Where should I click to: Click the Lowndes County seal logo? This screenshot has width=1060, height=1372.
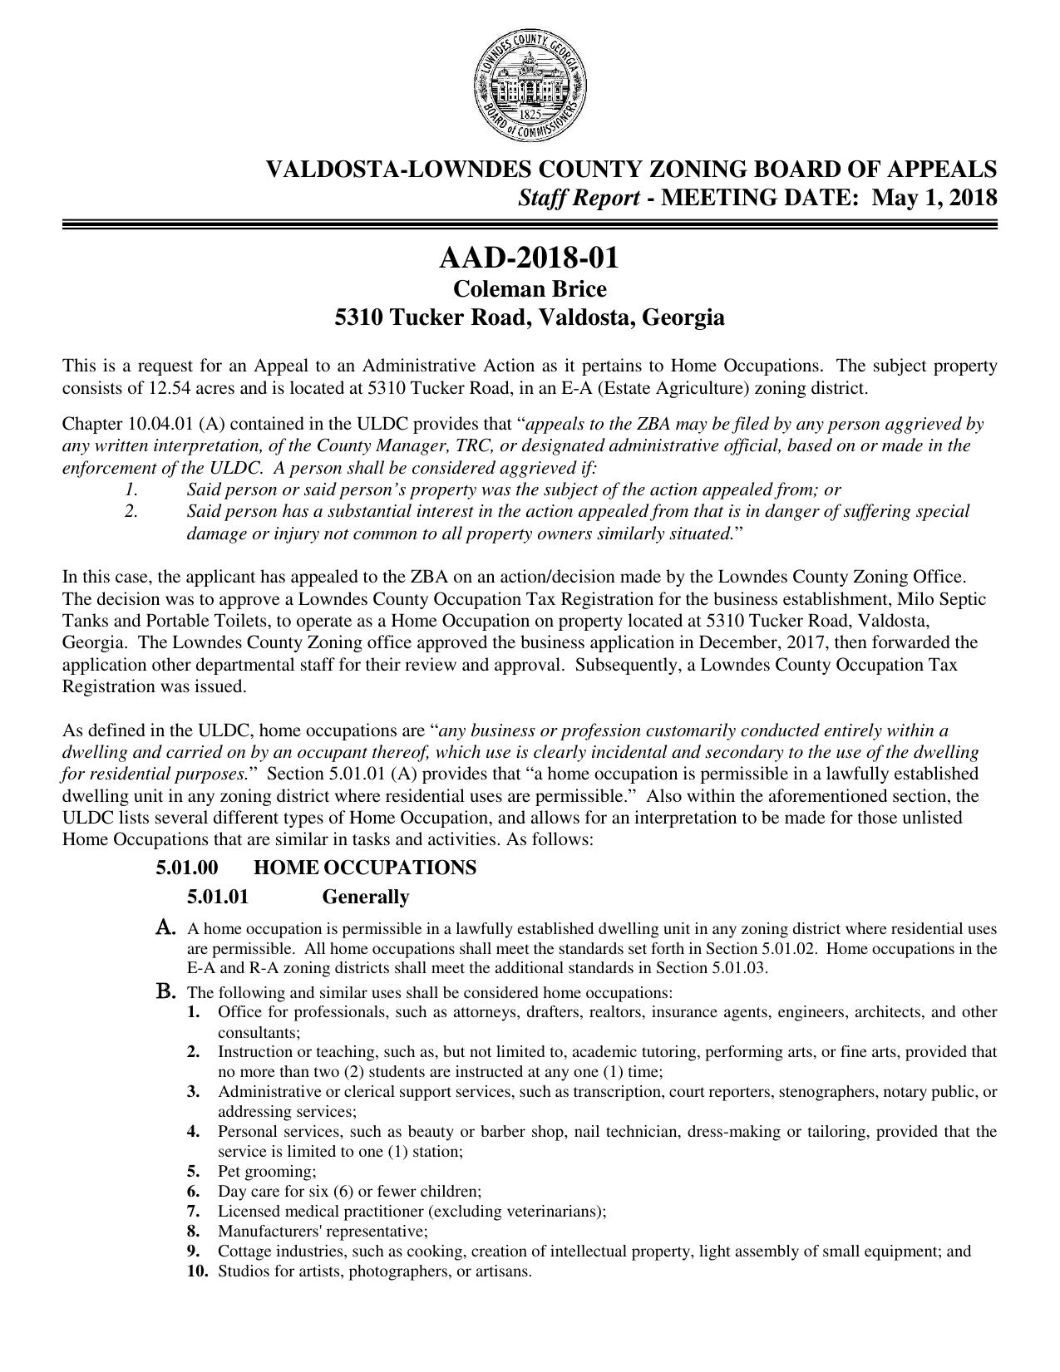coord(530,88)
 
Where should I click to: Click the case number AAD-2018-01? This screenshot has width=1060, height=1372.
coord(529,258)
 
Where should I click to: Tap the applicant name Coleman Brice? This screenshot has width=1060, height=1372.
coord(529,289)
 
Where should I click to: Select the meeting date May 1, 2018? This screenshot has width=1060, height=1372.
coord(934,198)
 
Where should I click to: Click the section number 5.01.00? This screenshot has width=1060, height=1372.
coord(187,868)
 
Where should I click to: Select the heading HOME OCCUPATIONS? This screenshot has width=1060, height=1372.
coord(365,868)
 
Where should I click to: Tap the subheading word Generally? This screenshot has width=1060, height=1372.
coord(365,897)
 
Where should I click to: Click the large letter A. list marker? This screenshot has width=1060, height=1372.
coord(165,927)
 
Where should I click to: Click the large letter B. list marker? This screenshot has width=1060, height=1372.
coord(165,991)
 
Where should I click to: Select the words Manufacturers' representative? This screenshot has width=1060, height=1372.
coord(323,1231)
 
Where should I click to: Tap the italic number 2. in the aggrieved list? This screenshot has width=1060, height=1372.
coord(131,511)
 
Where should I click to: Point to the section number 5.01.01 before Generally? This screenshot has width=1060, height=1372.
coord(218,897)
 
